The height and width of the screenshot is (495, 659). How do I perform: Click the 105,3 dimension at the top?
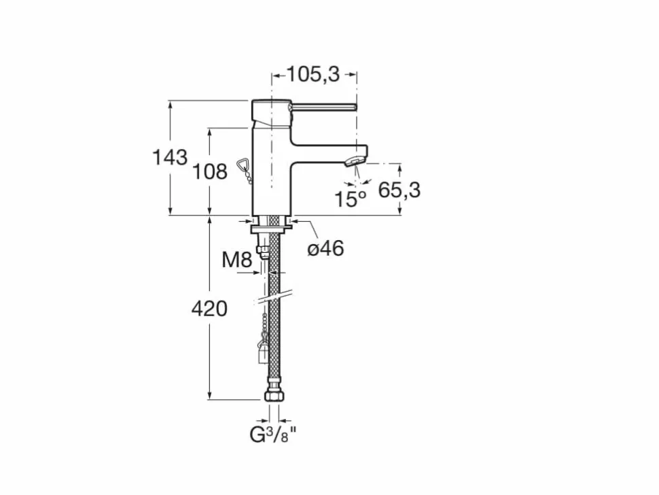(x=313, y=74)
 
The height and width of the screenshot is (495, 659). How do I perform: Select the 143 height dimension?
(x=169, y=158)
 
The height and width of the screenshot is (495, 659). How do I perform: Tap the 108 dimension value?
(x=210, y=171)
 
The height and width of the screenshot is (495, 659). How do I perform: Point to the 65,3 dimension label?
(x=399, y=190)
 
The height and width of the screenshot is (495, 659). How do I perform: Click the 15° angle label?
(x=350, y=199)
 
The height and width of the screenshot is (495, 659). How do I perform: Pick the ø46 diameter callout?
(x=325, y=249)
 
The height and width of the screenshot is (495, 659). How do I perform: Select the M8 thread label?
(x=236, y=260)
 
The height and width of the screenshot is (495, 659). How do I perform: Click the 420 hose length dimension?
(x=209, y=309)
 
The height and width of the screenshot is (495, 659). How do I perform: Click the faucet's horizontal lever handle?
(x=323, y=107)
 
